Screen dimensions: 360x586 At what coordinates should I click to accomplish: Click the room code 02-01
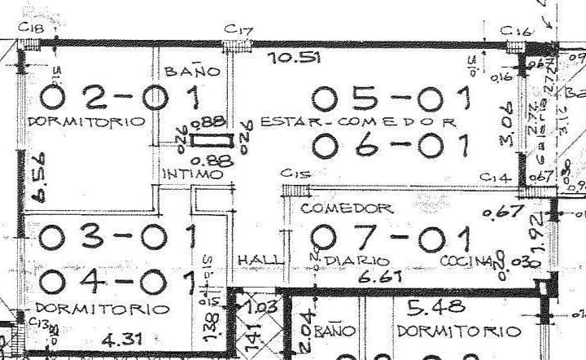click(119, 99)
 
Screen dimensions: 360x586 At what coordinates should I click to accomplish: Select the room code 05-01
click(391, 99)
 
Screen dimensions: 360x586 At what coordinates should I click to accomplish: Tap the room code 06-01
click(391, 147)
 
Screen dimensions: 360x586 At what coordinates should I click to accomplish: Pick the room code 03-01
click(117, 237)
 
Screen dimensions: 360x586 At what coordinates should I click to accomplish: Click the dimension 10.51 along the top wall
click(293, 58)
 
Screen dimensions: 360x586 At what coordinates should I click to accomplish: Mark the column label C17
click(238, 30)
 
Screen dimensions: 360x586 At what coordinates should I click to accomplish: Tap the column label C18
click(32, 30)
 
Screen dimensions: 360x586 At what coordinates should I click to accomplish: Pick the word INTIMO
click(192, 174)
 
